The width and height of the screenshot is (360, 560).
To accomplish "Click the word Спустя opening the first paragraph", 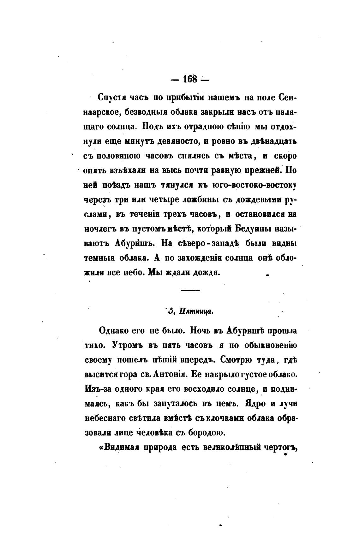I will point(112,98).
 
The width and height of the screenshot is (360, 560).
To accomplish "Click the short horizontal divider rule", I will point(190,290).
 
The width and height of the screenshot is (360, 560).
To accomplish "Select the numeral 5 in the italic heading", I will point(171,311).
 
